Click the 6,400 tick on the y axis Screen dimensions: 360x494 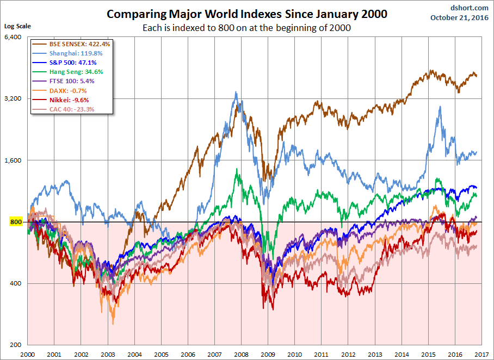pyautogui.click(x=12, y=37)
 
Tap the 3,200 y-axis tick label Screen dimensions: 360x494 pyautogui.click(x=12, y=98)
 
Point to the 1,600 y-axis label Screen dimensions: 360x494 pyautogui.click(x=12, y=160)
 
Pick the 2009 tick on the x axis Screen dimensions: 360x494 pyautogui.click(x=268, y=353)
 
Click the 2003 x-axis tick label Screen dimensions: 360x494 pyautogui.click(x=107, y=353)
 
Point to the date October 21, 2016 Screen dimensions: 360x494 pyautogui.click(x=460, y=17)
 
